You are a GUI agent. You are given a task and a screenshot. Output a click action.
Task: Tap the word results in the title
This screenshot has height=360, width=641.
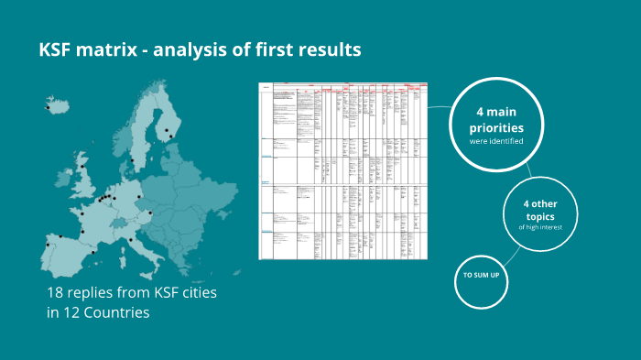[x=325, y=50]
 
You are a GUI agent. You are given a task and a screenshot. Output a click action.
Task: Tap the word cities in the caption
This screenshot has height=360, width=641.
[x=193, y=293]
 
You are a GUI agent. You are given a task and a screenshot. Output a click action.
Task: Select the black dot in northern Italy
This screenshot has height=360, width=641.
[x=131, y=241]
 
